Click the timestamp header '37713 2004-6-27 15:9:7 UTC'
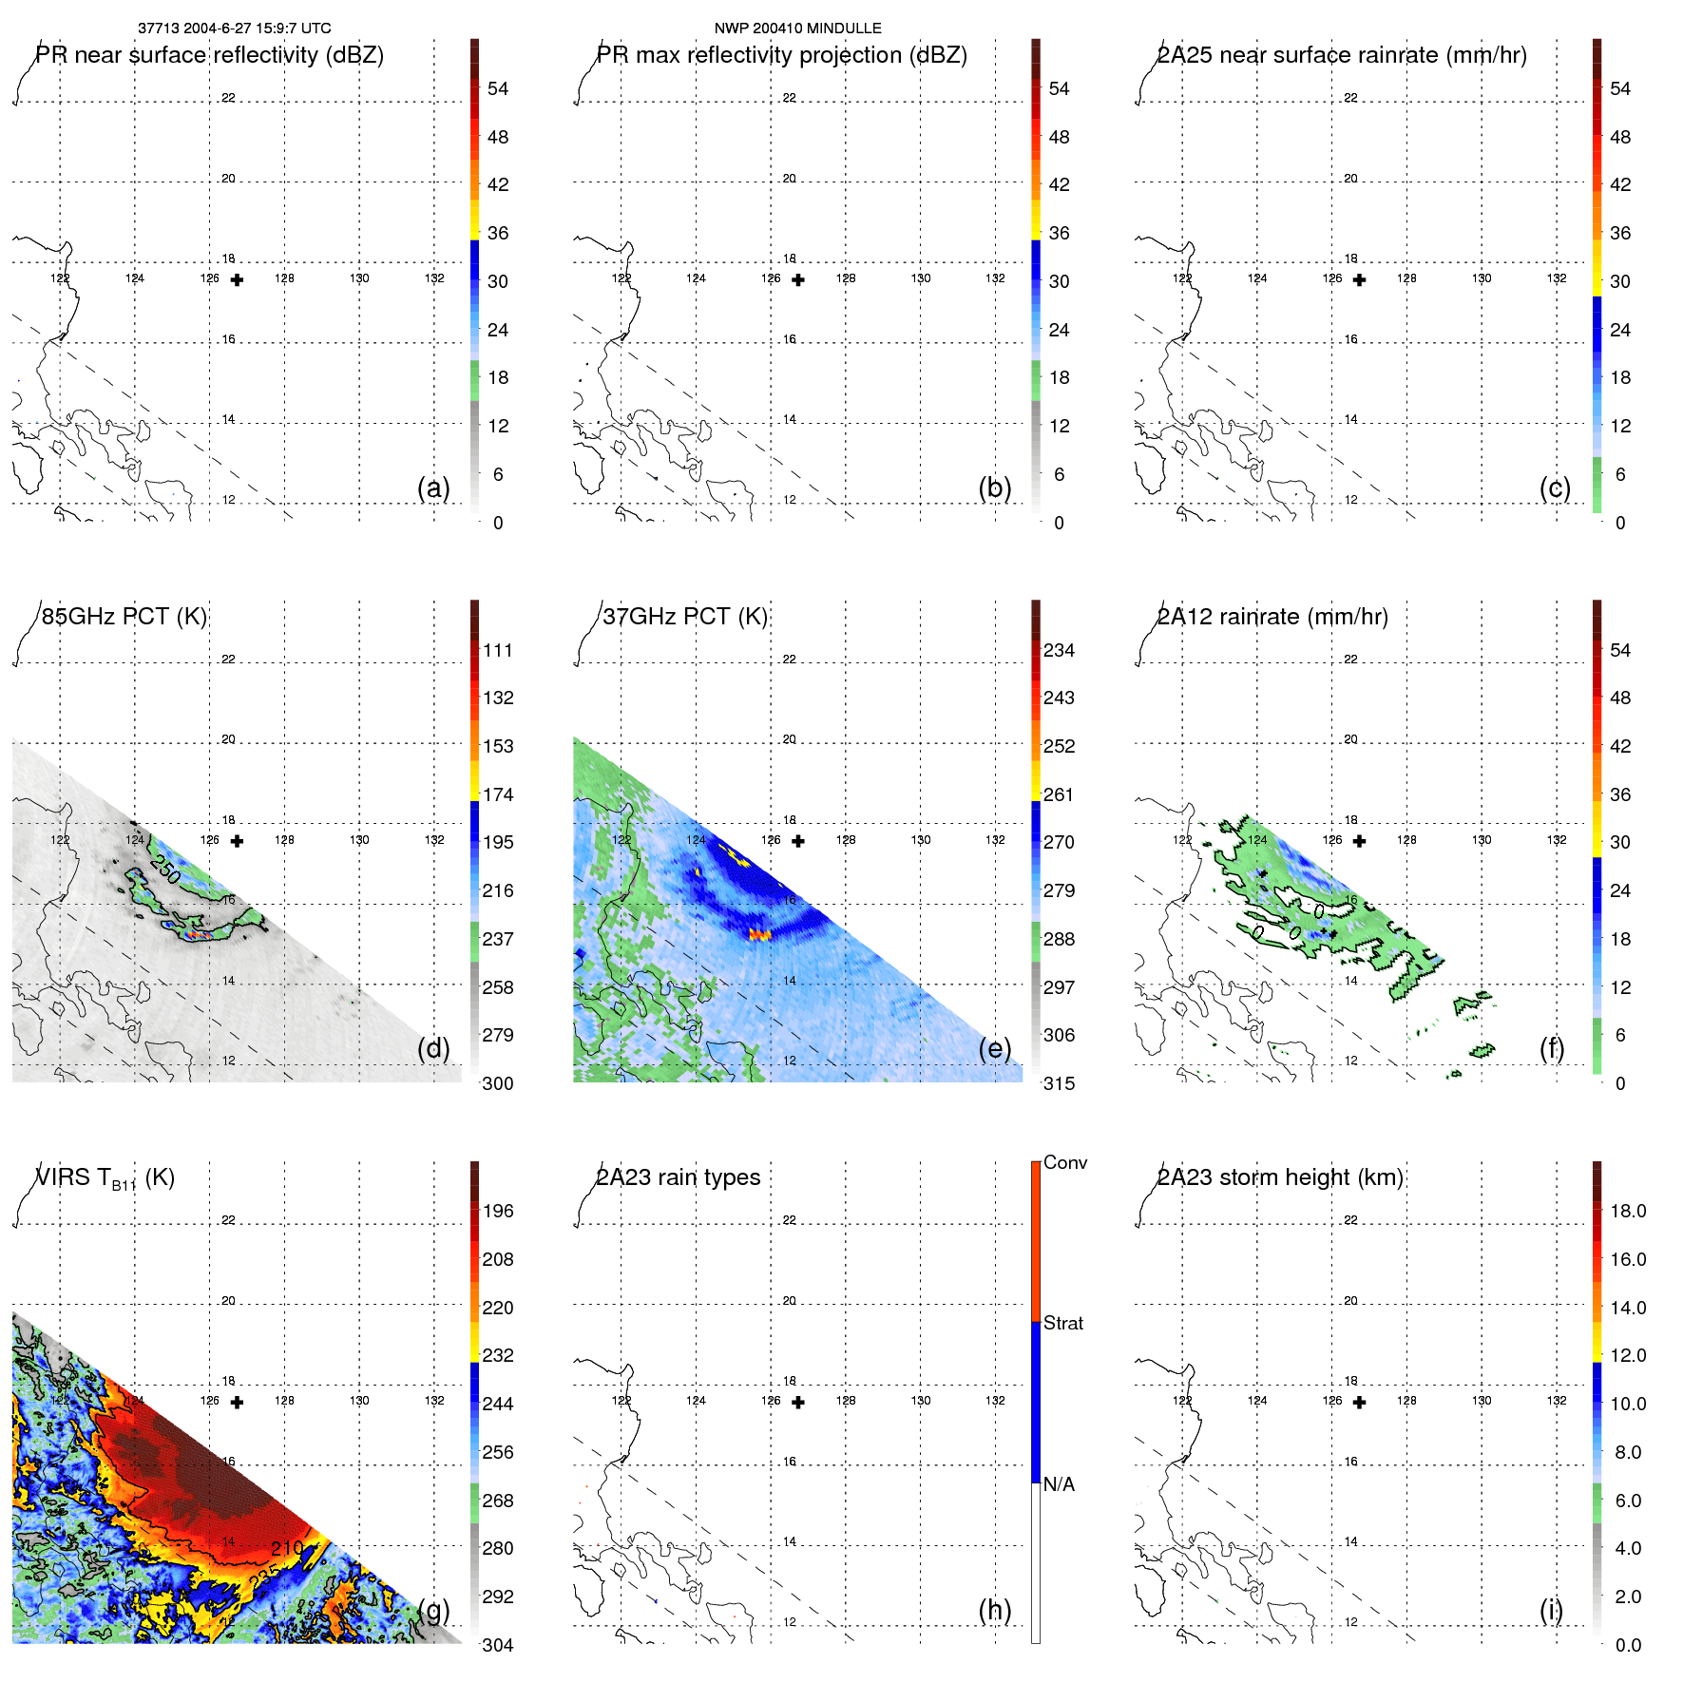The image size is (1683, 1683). (x=234, y=29)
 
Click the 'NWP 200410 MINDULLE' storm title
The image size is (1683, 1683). (x=797, y=29)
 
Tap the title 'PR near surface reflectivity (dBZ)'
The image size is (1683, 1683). (x=209, y=55)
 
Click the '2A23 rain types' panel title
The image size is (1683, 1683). (x=678, y=1177)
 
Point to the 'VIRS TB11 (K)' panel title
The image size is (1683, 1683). (x=105, y=1178)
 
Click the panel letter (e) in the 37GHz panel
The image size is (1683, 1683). (x=994, y=1048)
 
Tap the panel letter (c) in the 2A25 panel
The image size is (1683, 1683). (x=1555, y=488)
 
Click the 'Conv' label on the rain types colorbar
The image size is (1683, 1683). (x=1064, y=1162)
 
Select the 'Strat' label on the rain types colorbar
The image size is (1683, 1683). (x=1062, y=1323)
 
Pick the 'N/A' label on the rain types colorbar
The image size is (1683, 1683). (x=1059, y=1484)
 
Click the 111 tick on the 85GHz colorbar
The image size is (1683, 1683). (x=497, y=650)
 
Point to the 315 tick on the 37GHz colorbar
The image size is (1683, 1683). (x=1059, y=1083)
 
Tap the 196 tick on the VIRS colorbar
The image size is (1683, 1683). (x=497, y=1211)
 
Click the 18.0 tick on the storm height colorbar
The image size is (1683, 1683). (x=1627, y=1211)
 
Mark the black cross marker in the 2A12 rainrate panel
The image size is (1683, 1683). (x=1359, y=841)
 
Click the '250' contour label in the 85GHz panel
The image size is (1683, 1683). (x=164, y=869)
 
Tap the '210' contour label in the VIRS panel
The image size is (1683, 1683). (x=286, y=1548)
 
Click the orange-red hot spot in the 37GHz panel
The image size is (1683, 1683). (x=758, y=935)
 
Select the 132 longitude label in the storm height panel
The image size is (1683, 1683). (x=1556, y=1401)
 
